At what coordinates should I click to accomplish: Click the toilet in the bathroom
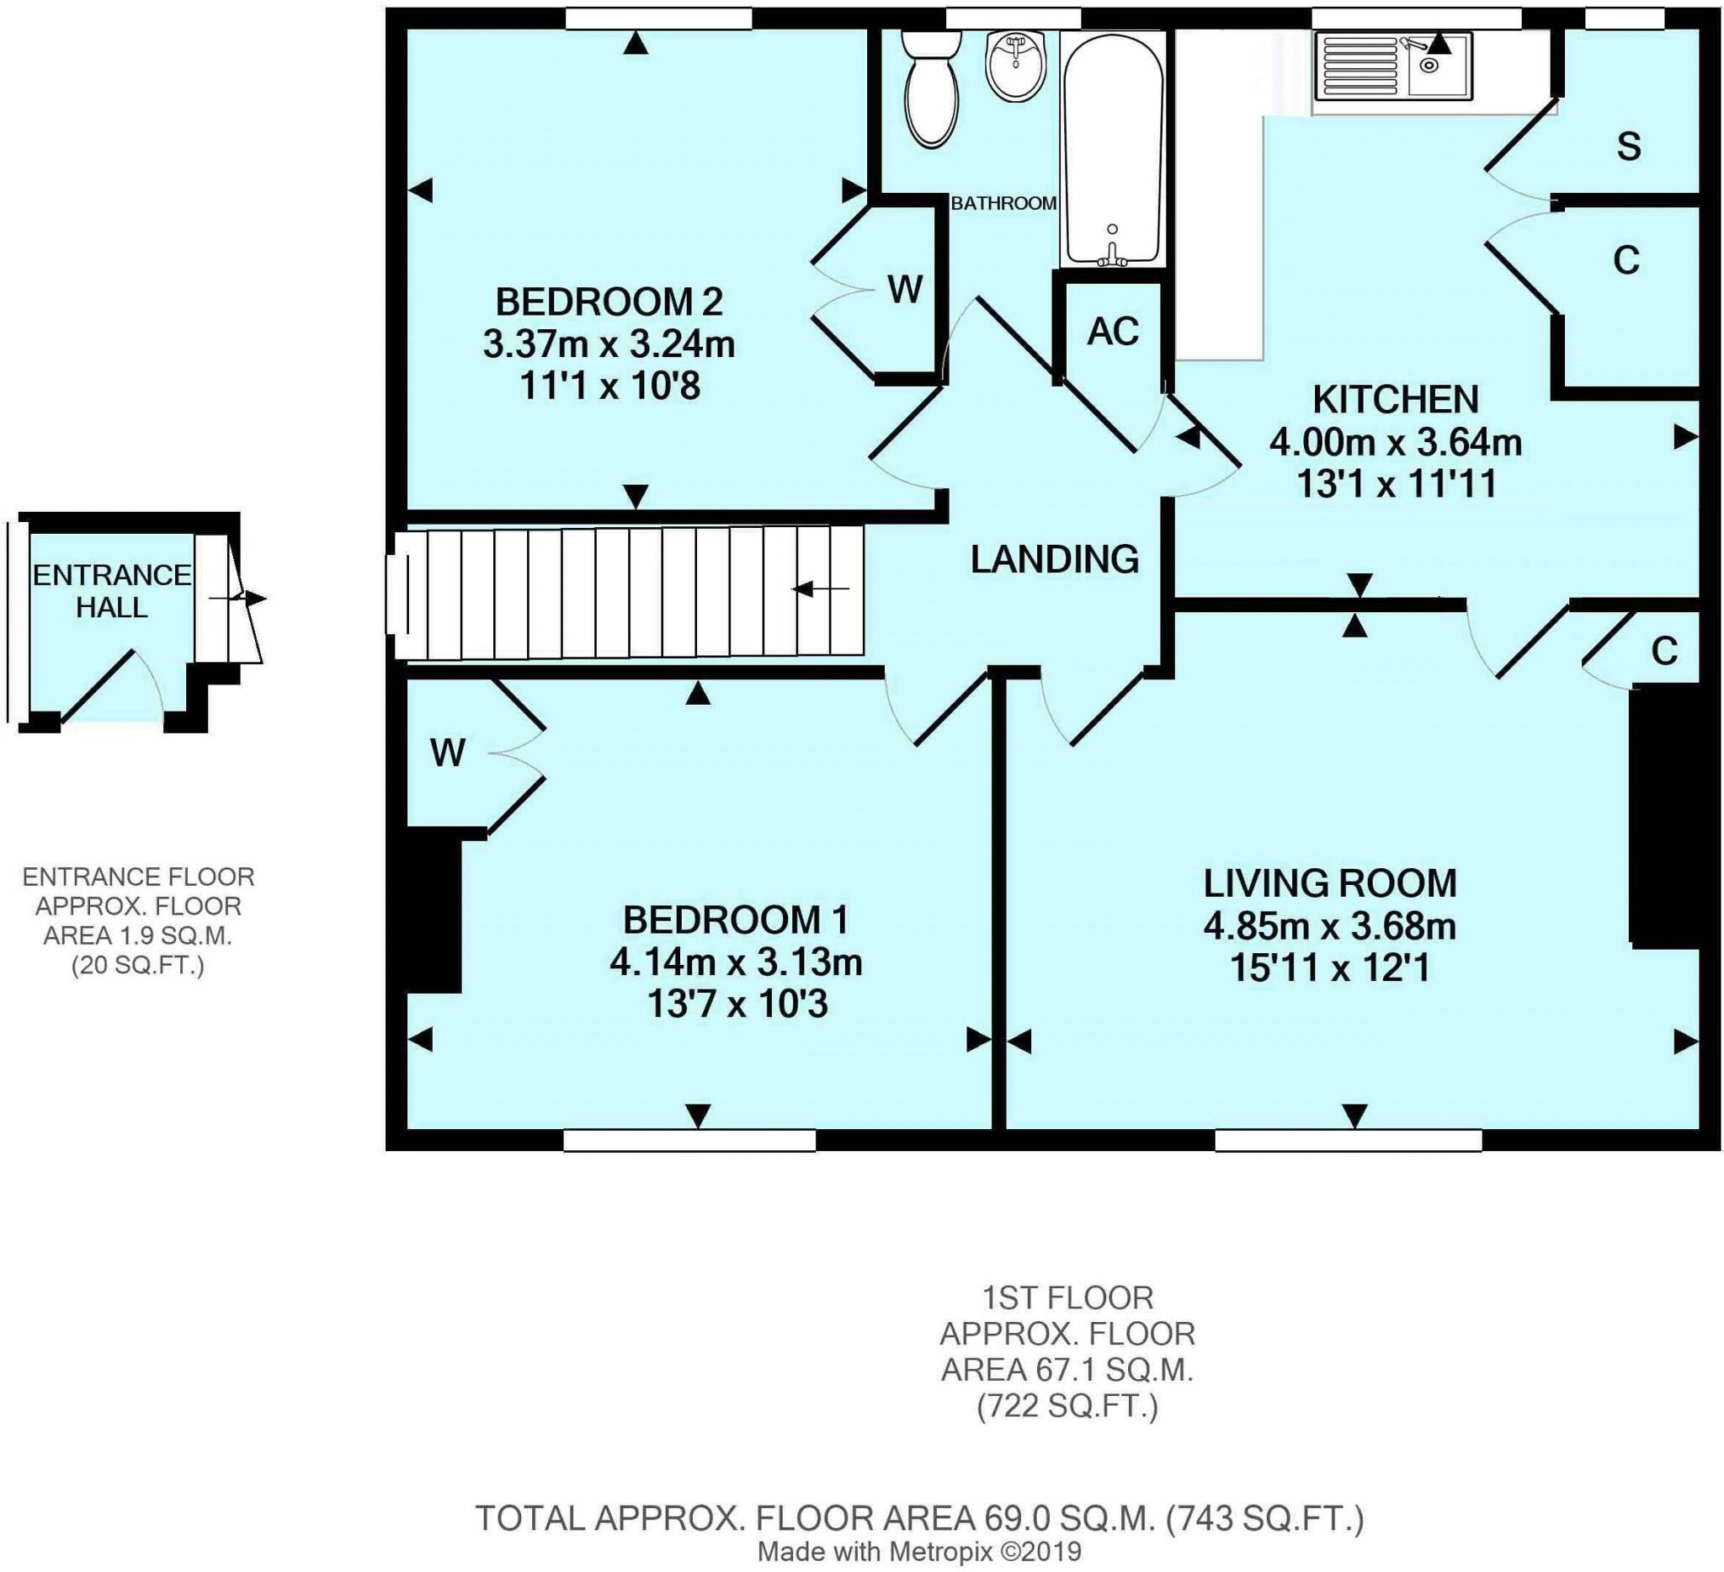point(933,90)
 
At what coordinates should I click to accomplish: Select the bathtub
point(1112,150)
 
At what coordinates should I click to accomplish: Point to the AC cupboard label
point(1114,332)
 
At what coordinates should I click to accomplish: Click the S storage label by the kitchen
point(1629,147)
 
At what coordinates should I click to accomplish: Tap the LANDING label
point(1055,559)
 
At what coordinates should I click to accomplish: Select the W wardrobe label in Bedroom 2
point(905,290)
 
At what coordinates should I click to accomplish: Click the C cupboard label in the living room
point(1664,652)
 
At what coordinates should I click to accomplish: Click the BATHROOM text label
point(1004,204)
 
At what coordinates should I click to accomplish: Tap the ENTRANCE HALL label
point(112,591)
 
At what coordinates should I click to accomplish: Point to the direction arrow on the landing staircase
point(821,589)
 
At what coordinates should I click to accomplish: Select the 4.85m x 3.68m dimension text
point(1330,926)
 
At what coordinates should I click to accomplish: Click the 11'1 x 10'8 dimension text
point(609,386)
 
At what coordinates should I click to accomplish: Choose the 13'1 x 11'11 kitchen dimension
point(1397,485)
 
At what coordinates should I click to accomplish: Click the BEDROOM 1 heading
point(736,920)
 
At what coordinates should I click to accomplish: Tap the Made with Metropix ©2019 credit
point(919,1552)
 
